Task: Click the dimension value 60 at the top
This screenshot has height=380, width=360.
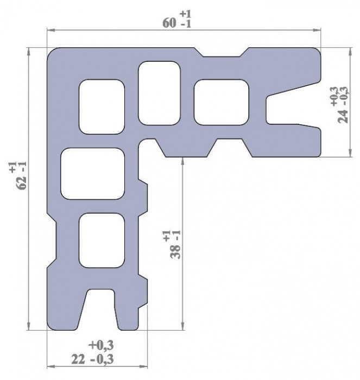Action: pos(169,23)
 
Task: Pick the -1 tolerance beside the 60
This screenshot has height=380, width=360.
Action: pos(185,25)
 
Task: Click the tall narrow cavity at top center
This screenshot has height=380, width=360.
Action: pos(159,93)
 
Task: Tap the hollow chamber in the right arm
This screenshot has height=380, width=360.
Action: pos(222,101)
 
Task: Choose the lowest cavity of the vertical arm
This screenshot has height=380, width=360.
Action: pos(103,239)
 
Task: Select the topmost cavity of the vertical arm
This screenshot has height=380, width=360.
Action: pos(102,106)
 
